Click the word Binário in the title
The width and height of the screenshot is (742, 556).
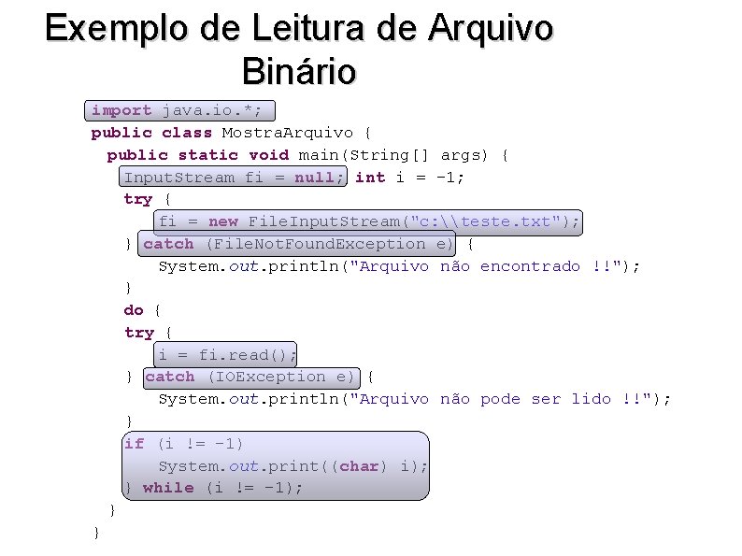tap(298, 70)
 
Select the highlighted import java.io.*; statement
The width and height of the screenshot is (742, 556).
tap(177, 110)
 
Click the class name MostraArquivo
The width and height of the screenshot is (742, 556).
tap(286, 133)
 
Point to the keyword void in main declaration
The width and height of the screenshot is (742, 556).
tap(268, 155)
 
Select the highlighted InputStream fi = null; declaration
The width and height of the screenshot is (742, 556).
tap(234, 178)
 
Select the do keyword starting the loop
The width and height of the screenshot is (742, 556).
tap(134, 310)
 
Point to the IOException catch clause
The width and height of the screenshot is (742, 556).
tap(250, 377)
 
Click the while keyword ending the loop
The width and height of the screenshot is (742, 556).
tap(168, 488)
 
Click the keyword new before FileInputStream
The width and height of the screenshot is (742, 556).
tap(223, 221)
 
